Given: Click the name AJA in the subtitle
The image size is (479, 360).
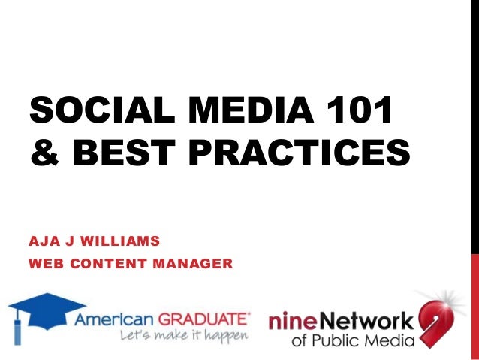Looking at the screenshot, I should [44, 243].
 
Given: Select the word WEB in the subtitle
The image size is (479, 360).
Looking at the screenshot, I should [45, 264].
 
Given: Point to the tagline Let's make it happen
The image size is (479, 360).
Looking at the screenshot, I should [183, 335].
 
